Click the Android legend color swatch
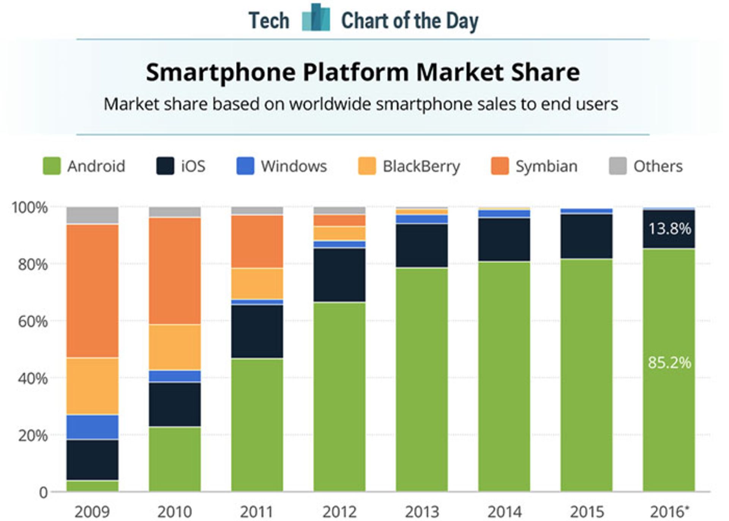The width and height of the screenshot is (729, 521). click(52, 166)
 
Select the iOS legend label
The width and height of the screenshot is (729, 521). click(193, 166)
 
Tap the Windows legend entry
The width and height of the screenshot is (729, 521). click(293, 166)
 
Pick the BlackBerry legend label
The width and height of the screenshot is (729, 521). click(421, 166)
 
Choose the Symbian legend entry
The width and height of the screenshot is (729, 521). click(546, 166)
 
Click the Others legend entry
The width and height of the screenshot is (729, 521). click(658, 166)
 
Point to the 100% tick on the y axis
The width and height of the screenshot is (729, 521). click(30, 207)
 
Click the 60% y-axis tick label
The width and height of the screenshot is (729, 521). click(33, 321)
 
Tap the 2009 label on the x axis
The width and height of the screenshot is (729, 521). click(92, 511)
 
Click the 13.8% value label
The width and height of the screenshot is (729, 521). click(669, 229)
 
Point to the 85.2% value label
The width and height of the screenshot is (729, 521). click(669, 363)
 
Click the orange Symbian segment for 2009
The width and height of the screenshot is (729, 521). click(92, 291)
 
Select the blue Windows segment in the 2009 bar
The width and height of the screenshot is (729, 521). click(92, 427)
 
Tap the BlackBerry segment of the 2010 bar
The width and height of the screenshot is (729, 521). click(175, 347)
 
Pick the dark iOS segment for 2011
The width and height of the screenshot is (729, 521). click(257, 331)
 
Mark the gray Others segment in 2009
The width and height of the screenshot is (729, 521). click(92, 215)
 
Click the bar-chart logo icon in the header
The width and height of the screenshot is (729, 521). click(316, 18)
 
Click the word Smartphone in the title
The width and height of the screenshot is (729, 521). click(220, 72)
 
